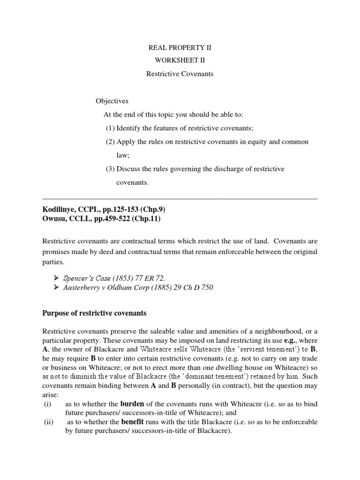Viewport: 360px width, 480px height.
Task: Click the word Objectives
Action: (112, 101)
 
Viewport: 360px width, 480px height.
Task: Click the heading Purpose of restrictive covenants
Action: (95, 313)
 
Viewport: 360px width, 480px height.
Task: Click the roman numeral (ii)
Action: (47, 422)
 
